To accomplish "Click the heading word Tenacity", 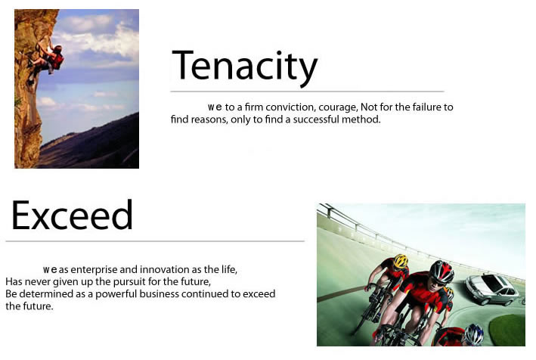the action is coord(245,67).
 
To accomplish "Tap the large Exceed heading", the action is coord(72,216).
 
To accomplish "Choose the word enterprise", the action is coord(94,270).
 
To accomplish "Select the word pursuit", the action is coord(129,282).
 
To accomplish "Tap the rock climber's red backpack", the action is coord(57,59).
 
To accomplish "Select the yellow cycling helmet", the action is coord(401,261).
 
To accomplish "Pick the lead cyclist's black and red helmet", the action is coord(442,271).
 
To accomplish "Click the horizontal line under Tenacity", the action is coord(307,92).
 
